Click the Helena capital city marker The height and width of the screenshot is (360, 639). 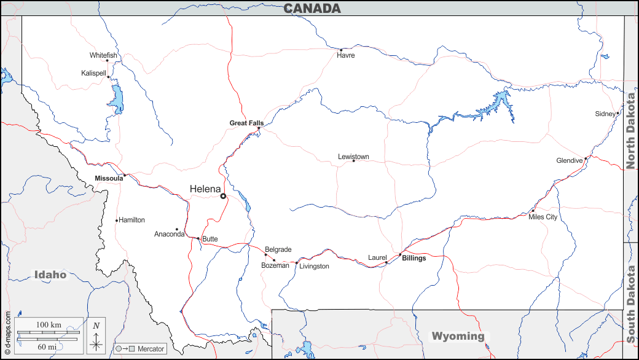pos(223,196)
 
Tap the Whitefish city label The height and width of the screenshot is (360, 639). pos(103,56)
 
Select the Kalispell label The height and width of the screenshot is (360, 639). pos(93,73)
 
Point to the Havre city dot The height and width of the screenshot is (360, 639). pos(341,50)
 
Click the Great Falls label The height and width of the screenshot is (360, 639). pos(246,123)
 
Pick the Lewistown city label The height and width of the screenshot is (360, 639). pos(353,157)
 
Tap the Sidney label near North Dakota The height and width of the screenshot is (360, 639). pos(605,114)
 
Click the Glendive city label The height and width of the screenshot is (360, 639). pos(569,160)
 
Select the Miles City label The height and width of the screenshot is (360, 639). pos(543,217)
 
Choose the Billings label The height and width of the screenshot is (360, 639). pos(414,258)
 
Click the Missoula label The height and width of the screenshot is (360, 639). pos(108,178)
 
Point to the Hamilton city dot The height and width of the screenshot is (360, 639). pos(116,221)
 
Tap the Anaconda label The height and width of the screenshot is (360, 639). pos(169,234)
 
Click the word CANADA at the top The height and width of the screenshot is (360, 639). pos(312,8)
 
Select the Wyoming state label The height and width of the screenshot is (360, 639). pos(458,336)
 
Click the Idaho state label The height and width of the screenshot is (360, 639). pos(50,275)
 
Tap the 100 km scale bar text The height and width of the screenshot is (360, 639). pos(49,324)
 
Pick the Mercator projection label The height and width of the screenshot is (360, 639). pos(151,349)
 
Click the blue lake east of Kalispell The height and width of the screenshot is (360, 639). pos(116,95)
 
